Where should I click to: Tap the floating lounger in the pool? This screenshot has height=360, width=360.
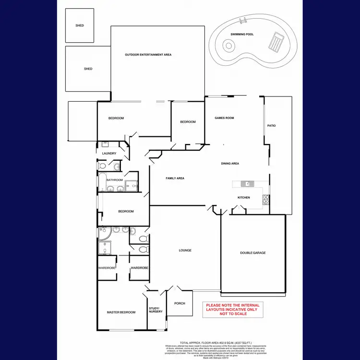[x=276, y=42]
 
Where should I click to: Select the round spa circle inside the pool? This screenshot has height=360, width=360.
[x=229, y=46]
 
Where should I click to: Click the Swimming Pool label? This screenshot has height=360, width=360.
[x=242, y=35]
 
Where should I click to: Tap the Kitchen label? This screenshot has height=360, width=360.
[x=244, y=198]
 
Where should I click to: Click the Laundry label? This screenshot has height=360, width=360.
[x=109, y=154]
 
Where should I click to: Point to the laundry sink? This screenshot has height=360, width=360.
[x=105, y=144]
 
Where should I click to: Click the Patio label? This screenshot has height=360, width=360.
[x=272, y=126]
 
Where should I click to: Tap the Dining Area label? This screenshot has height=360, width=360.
[x=230, y=164]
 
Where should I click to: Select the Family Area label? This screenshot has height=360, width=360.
[x=175, y=178]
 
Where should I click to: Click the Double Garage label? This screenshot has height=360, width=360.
[x=253, y=253]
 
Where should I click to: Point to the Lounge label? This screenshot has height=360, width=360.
[x=185, y=250]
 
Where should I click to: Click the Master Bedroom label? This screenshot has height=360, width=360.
[x=121, y=312]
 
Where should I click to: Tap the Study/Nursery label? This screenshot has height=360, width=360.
[x=156, y=310]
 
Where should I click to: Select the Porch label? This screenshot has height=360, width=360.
[x=180, y=303]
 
